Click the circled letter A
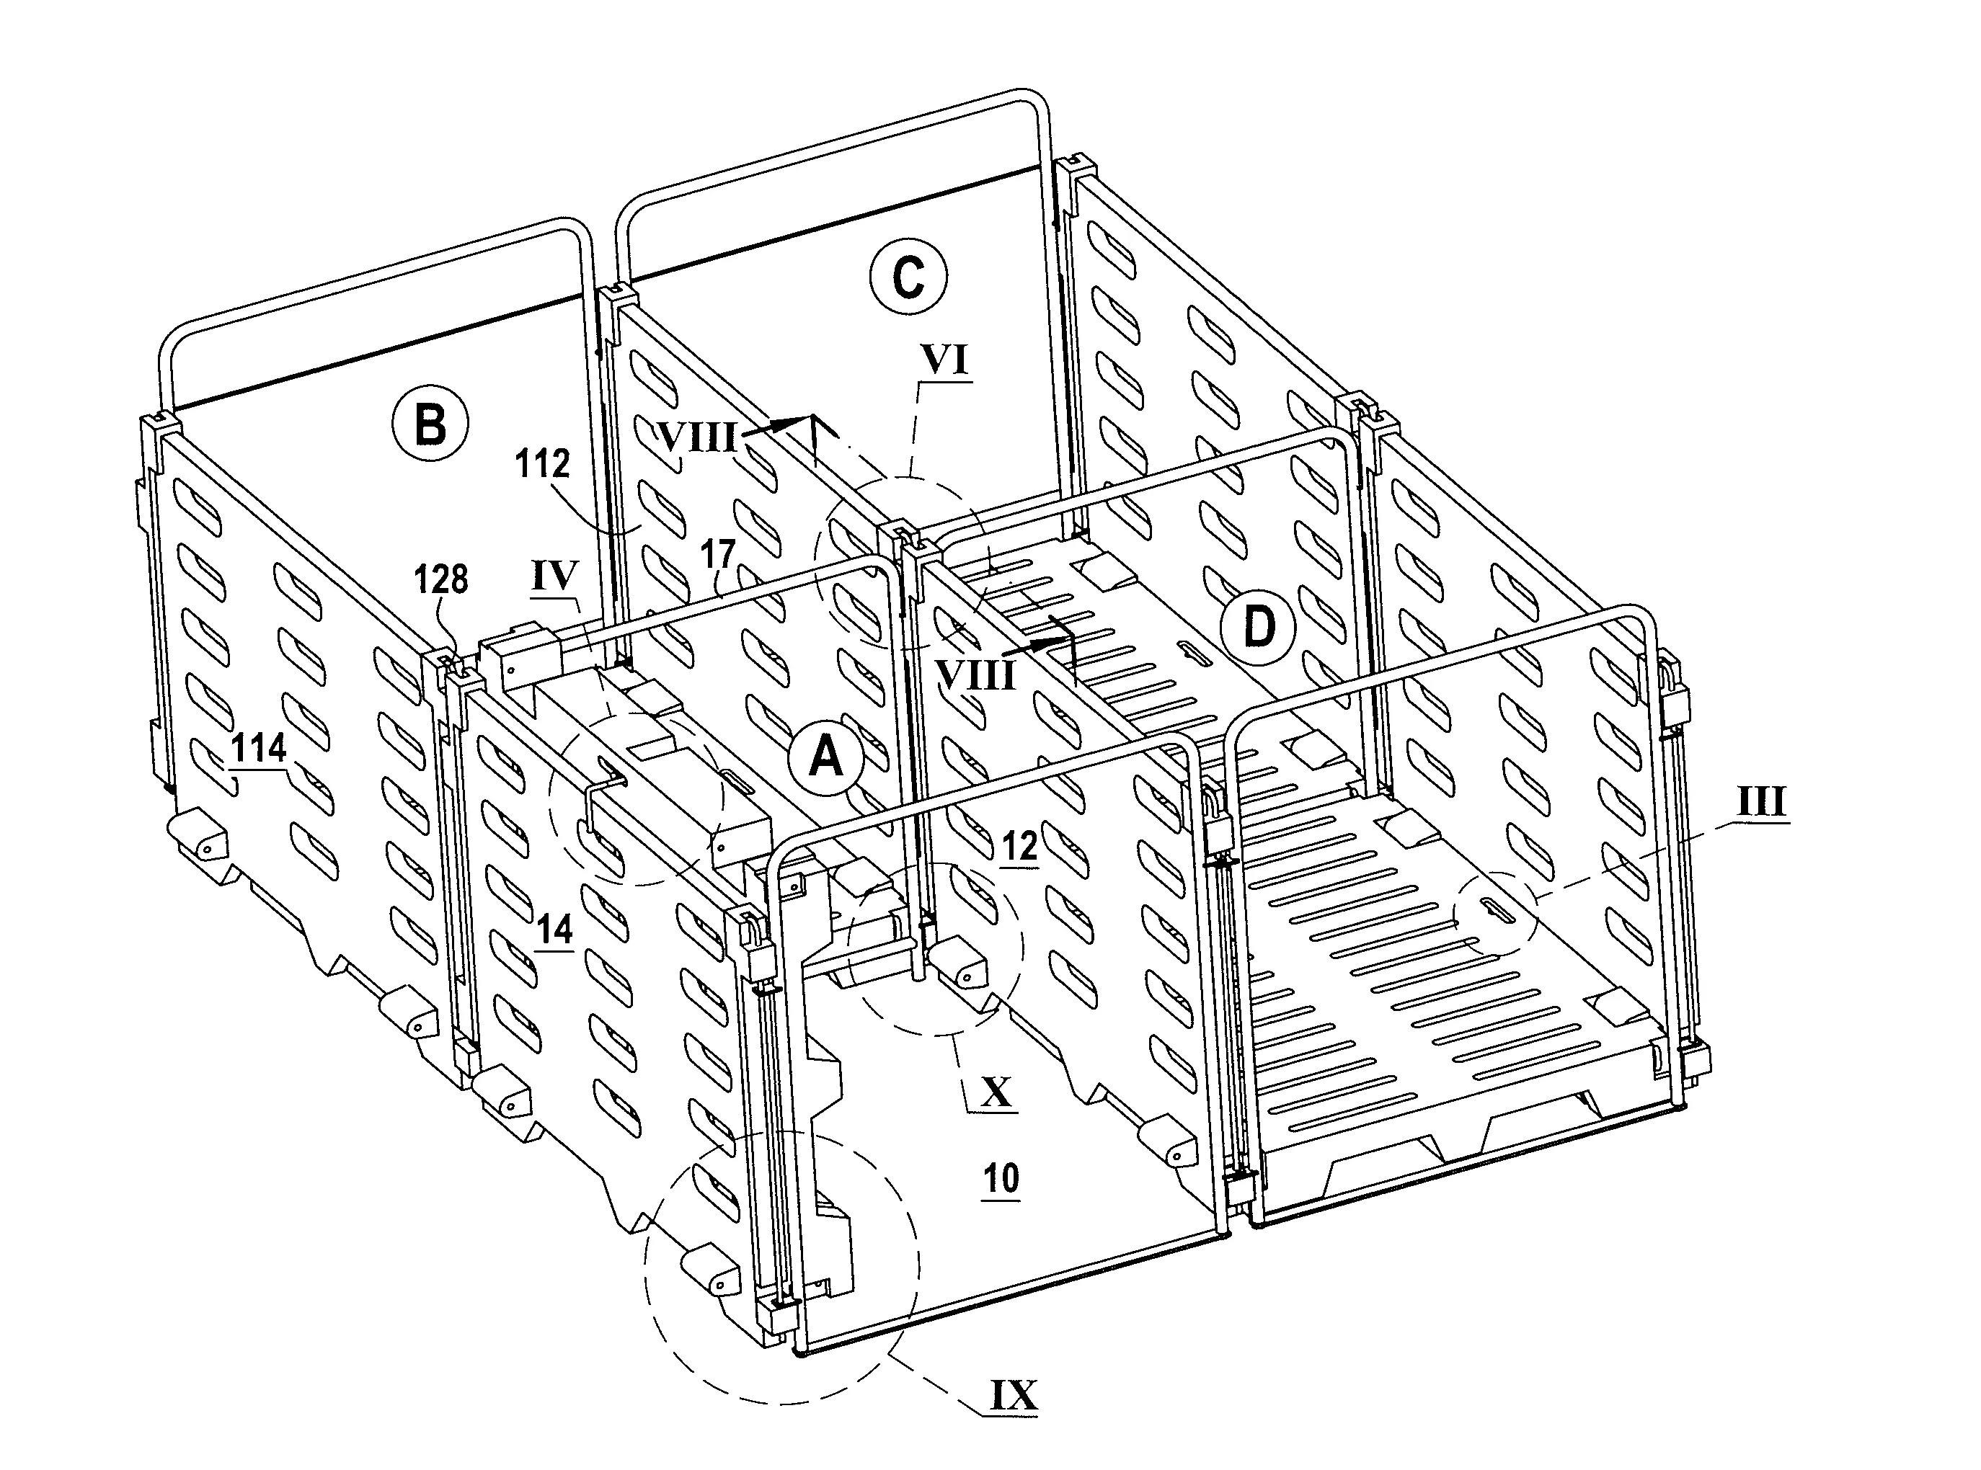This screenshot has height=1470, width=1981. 827,758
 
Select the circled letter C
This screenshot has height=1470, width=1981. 908,277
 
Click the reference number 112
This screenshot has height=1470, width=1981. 543,465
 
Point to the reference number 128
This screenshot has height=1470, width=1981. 441,579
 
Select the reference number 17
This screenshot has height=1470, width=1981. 717,554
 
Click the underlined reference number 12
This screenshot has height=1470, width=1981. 1020,846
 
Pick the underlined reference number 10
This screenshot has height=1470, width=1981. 1001,1178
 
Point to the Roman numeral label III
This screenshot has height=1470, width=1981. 1762,803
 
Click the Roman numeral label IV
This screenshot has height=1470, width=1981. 555,576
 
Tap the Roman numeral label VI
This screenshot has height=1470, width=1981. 945,361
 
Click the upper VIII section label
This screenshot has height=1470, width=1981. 697,437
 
